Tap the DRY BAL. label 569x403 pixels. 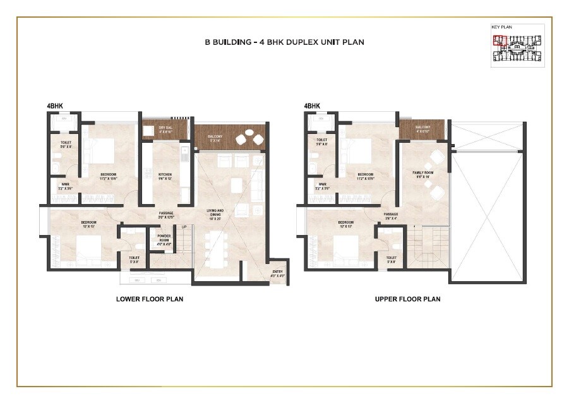(x=165, y=128)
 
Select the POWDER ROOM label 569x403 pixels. (x=164, y=236)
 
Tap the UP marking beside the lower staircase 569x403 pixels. (x=184, y=227)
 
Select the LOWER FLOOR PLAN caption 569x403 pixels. (x=150, y=299)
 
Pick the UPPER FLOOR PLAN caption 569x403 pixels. (x=407, y=299)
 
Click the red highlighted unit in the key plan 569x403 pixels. (x=500, y=41)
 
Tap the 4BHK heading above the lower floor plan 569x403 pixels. (x=55, y=106)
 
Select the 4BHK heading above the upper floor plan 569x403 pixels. (x=312, y=106)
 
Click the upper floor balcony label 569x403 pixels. (x=423, y=128)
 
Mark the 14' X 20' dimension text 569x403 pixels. (x=217, y=218)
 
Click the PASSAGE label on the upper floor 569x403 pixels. (x=391, y=214)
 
